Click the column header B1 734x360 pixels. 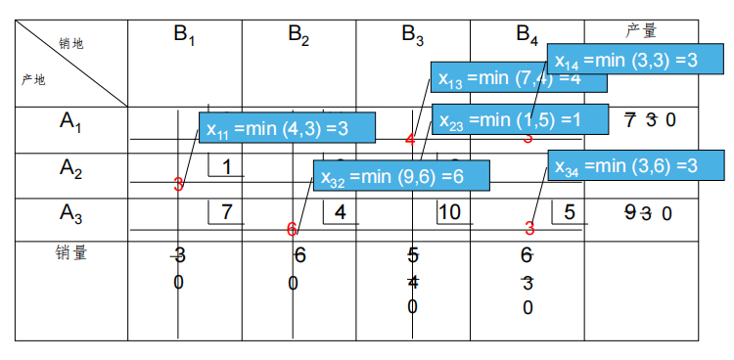(x=185, y=35)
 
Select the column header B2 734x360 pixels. (x=298, y=35)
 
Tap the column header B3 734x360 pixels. (x=413, y=35)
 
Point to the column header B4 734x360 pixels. (x=528, y=36)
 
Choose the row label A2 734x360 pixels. (x=70, y=168)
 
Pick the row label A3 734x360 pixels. (x=70, y=212)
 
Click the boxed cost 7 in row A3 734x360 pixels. (x=226, y=211)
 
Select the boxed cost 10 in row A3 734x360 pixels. (x=449, y=211)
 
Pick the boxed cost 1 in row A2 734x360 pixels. (x=226, y=167)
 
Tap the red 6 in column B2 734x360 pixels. (x=292, y=230)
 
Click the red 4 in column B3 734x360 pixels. (x=410, y=139)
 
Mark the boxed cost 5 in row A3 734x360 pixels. (x=569, y=211)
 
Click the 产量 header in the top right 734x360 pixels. (x=640, y=31)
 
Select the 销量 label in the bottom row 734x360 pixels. (x=70, y=252)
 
